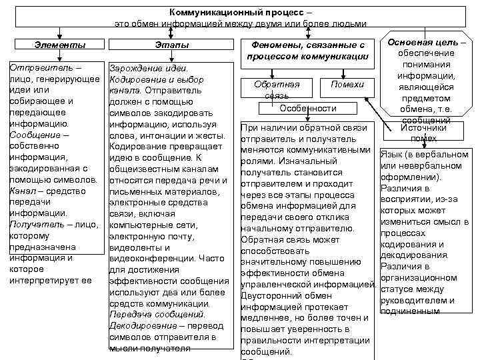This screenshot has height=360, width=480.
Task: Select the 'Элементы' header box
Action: [59, 45]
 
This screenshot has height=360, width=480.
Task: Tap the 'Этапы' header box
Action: [172, 45]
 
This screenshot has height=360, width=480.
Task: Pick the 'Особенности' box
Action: [307, 108]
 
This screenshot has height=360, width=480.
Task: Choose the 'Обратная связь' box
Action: [277, 89]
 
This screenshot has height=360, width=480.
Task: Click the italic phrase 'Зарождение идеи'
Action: [147, 69]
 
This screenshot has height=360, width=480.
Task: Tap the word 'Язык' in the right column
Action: [391, 155]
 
